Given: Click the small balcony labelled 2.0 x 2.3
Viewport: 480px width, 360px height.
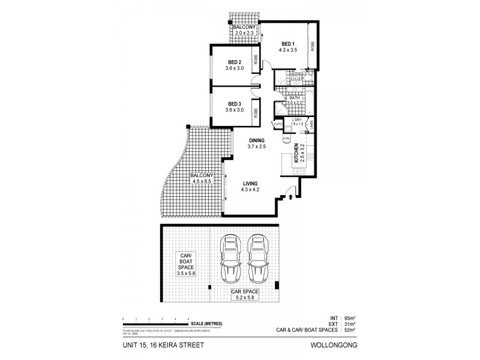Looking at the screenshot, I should [x=245, y=30].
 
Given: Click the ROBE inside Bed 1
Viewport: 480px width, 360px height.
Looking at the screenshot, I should [x=313, y=47].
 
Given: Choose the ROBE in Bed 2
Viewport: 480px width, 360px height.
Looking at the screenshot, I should [x=256, y=59].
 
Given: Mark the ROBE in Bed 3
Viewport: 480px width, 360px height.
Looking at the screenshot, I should [x=256, y=111].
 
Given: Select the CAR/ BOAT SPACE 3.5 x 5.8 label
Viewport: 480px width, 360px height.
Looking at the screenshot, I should [x=186, y=265].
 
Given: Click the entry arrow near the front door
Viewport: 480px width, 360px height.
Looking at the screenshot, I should [x=292, y=195].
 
